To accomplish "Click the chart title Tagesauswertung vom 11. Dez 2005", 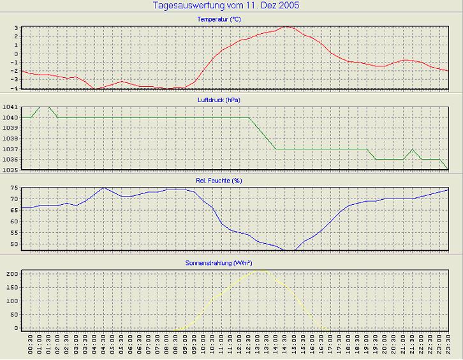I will click(226, 6).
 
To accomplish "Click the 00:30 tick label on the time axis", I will click(31, 347).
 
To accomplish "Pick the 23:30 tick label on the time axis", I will click(449, 347).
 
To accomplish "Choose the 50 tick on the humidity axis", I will click(15, 244).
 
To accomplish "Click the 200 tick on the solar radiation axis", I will click(12, 274).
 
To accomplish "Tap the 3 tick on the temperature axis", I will click(17, 27).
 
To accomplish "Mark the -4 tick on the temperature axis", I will click(15, 88).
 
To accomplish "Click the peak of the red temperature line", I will click(286, 27).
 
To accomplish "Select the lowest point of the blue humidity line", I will click(290, 250).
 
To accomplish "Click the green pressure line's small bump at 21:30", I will click(413, 149).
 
